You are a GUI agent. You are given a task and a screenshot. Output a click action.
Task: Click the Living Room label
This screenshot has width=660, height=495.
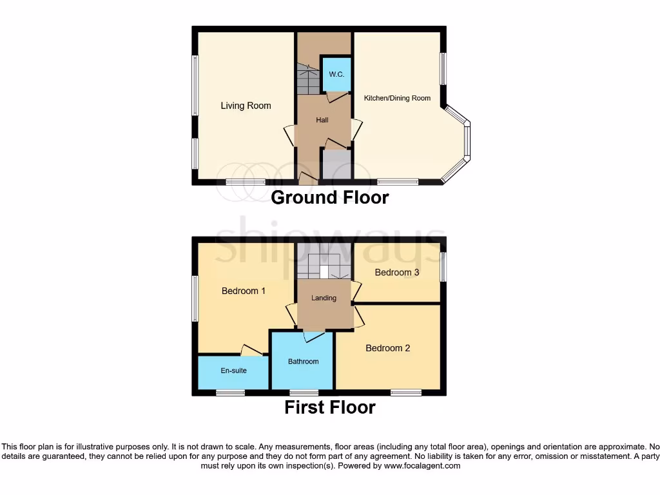coord(246,106)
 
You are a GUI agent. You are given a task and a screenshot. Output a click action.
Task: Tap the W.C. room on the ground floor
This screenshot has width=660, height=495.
coord(336,74)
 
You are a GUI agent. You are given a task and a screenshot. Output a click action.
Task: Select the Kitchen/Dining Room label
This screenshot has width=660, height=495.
coord(397,98)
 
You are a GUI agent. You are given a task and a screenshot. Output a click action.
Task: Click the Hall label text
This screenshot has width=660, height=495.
coord(322,120)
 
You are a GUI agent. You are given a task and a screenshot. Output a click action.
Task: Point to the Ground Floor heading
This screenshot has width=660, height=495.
coord(329,197)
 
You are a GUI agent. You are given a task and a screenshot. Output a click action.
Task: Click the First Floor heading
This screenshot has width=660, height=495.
coord(329,407)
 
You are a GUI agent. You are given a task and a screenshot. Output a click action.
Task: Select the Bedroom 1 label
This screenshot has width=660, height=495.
coord(243,291)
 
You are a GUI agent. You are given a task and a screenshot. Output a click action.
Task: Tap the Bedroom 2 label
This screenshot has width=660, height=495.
coord(387,348)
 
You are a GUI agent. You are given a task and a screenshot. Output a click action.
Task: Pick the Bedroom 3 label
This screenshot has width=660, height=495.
coord(397,272)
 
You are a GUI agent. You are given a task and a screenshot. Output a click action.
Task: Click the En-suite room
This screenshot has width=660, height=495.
coord(233,371)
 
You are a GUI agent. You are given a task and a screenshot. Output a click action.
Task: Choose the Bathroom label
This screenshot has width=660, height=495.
coord(303,362)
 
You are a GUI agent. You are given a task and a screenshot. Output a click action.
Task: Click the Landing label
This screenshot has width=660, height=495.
coord(324,298)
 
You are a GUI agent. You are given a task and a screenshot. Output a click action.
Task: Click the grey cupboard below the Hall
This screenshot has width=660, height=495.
coord(336,165)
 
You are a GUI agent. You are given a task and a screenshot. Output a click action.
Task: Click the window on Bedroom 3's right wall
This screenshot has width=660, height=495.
coord(443,266)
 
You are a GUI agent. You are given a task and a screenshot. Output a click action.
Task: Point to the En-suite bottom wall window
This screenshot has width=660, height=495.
coord(230,392)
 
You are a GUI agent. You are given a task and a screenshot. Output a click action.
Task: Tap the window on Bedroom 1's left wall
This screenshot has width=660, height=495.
coord(195,298)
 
